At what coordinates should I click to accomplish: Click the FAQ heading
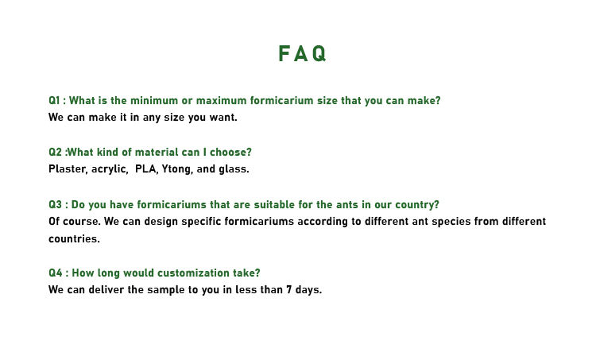click(x=303, y=53)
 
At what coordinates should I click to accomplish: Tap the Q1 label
click(x=54, y=101)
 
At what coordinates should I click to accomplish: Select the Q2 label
click(x=55, y=153)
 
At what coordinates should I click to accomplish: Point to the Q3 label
click(x=55, y=205)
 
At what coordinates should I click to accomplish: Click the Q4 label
click(x=56, y=273)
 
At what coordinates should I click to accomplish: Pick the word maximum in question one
click(x=221, y=101)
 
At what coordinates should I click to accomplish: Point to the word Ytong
click(x=177, y=169)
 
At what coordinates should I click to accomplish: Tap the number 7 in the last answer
click(x=289, y=290)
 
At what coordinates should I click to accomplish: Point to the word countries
click(x=74, y=239)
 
